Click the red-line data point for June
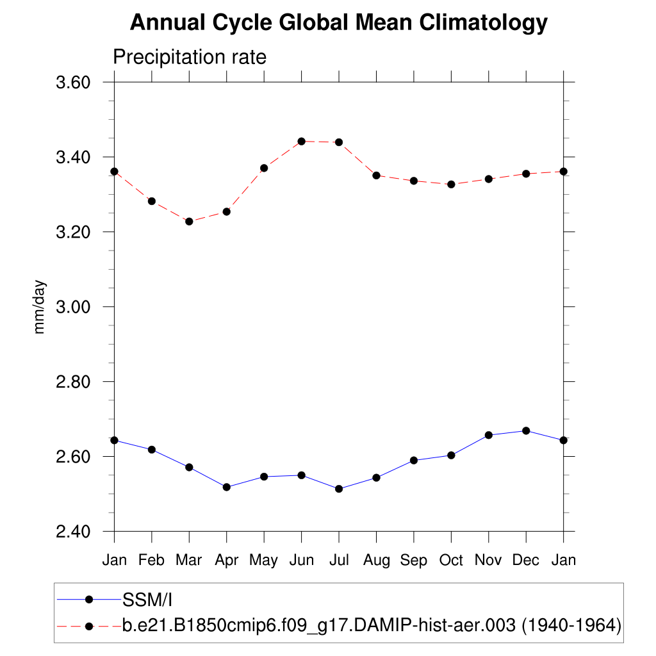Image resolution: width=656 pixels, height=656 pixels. (x=301, y=141)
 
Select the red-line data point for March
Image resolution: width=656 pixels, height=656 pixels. (x=189, y=221)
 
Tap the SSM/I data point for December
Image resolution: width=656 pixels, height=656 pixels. (x=526, y=430)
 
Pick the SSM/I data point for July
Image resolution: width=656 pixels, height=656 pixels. (x=339, y=489)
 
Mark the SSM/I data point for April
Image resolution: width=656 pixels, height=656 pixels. (x=226, y=487)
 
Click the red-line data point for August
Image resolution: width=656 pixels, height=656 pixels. (x=377, y=175)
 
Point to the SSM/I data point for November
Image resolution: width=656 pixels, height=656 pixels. (x=489, y=435)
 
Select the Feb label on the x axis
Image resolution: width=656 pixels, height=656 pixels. (x=151, y=561)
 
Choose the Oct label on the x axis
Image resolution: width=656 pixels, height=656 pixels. (x=451, y=561)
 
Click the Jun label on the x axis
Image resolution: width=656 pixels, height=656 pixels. (x=301, y=561)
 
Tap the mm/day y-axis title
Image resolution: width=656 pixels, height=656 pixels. (x=40, y=306)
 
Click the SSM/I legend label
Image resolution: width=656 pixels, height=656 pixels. (x=147, y=600)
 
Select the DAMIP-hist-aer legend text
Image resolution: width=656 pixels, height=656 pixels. (x=372, y=625)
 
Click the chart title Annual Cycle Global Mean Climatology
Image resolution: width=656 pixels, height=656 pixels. (x=339, y=23)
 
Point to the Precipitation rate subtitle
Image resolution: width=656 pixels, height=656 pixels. (x=189, y=57)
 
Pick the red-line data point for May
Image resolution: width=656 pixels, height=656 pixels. (x=263, y=168)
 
